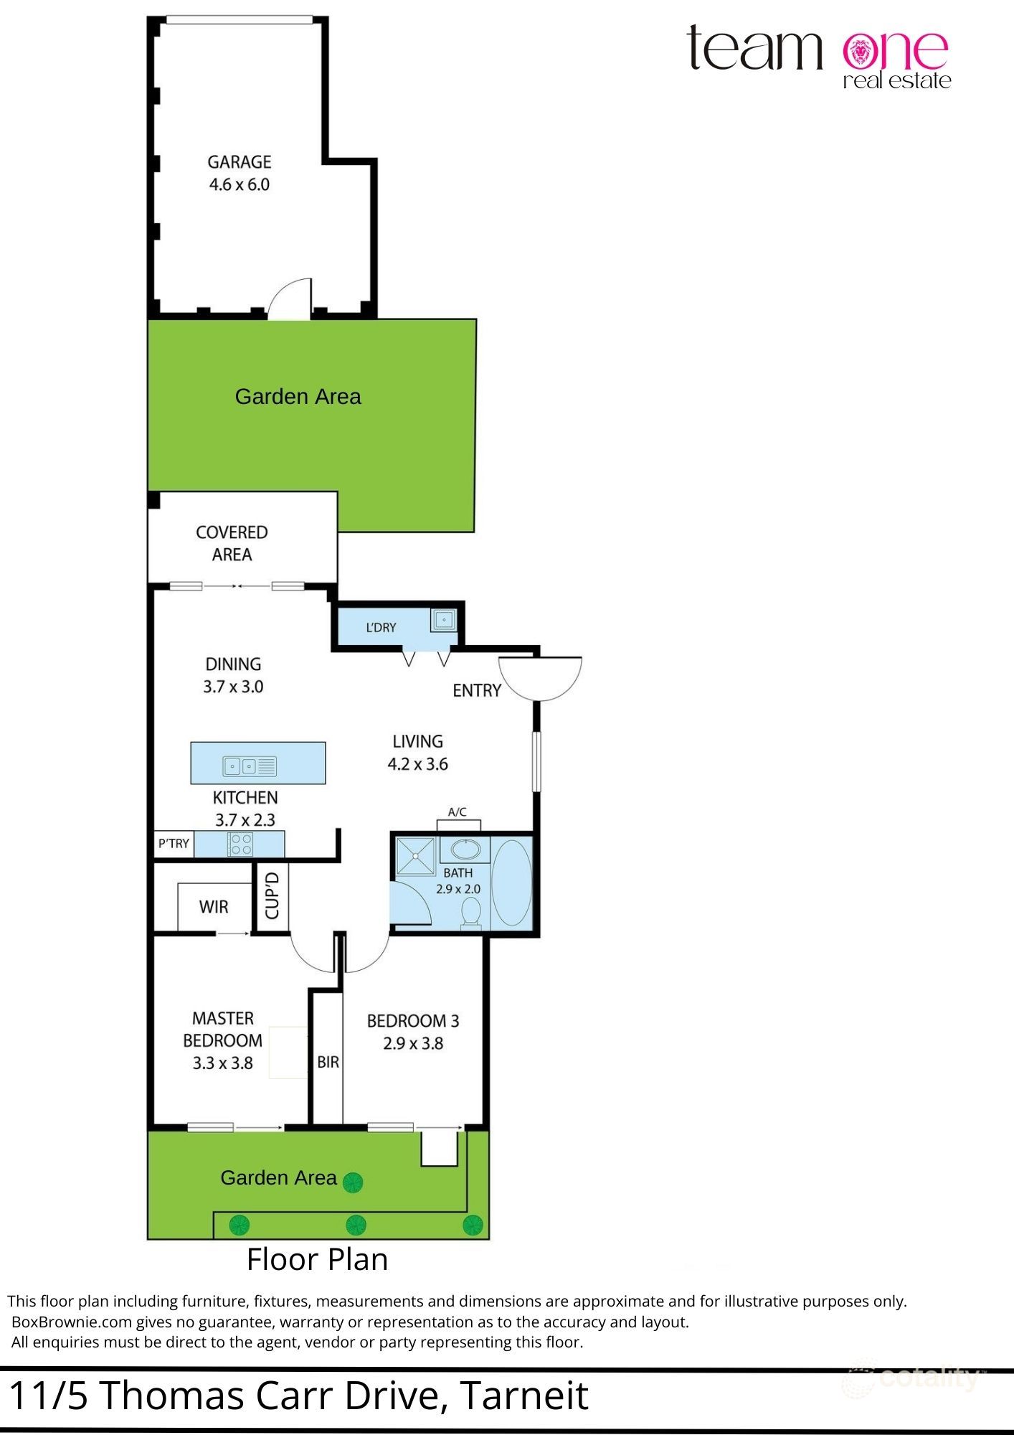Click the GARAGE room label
click(x=240, y=162)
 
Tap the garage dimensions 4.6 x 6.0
click(x=240, y=184)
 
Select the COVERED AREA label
click(x=232, y=543)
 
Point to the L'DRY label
click(x=381, y=628)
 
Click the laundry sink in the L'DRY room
click(x=445, y=619)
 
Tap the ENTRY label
click(x=477, y=690)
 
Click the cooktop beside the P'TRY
click(x=240, y=844)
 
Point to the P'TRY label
click(x=174, y=844)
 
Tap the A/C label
click(x=458, y=812)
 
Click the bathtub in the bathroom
click(x=512, y=882)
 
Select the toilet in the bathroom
click(x=471, y=915)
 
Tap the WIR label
click(x=214, y=907)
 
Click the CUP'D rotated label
click(x=273, y=895)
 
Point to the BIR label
click(x=328, y=1062)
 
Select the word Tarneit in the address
click(x=523, y=1396)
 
